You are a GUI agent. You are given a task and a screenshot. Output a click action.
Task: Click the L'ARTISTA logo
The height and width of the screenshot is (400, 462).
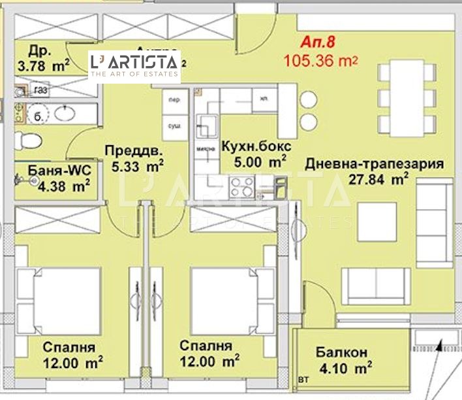(134, 66)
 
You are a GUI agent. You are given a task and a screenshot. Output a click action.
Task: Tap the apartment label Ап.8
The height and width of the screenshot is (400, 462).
(317, 43)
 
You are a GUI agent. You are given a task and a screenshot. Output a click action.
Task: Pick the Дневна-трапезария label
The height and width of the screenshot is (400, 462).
(374, 163)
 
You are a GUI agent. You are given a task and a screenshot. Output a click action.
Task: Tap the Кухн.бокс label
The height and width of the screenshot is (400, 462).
(256, 146)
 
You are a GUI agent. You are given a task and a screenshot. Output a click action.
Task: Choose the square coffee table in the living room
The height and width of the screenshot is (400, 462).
(377, 222)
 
